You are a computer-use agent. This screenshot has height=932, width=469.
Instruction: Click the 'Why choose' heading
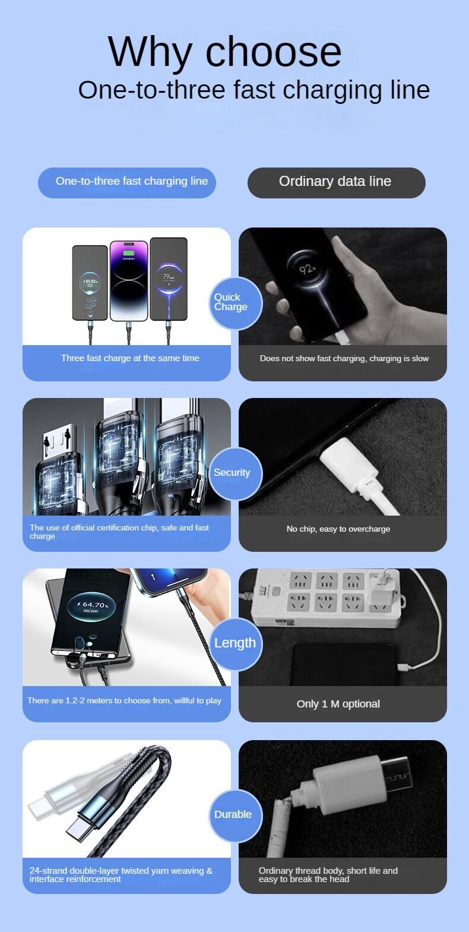point(224,52)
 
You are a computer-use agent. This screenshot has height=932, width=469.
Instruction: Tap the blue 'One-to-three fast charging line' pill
point(127,182)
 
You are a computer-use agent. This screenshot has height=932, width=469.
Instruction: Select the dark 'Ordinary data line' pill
point(337,182)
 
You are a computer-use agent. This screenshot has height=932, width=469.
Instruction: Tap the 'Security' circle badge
point(235,473)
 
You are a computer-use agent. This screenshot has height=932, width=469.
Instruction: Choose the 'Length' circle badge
point(235,644)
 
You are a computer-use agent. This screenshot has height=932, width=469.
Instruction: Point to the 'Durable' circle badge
point(235,816)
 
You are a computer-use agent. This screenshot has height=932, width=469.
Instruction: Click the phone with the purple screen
point(128,280)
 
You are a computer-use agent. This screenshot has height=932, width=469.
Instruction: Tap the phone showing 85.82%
point(90,283)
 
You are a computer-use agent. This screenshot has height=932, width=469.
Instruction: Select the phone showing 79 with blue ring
point(169,279)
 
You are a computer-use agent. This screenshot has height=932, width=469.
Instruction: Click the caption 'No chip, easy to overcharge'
point(338,529)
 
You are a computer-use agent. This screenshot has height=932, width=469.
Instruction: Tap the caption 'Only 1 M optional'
point(338,704)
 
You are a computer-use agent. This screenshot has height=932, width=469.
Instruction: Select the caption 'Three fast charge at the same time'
point(130,358)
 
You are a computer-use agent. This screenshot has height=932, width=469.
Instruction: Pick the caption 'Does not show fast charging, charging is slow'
point(344,358)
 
